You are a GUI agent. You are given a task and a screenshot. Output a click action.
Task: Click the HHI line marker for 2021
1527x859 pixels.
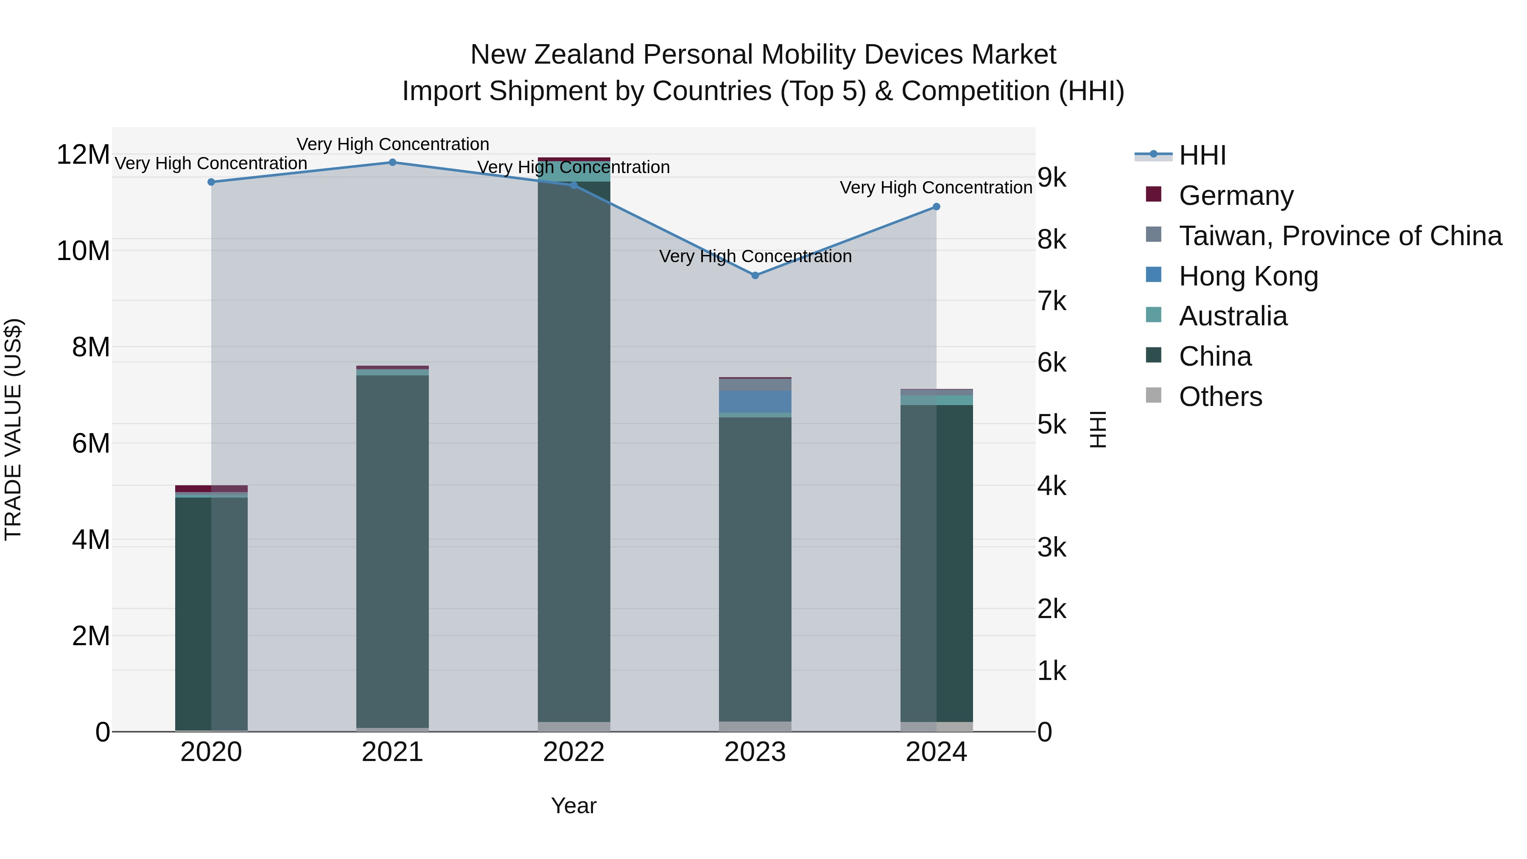[392, 162]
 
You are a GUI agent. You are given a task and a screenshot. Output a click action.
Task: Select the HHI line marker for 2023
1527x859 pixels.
[755, 275]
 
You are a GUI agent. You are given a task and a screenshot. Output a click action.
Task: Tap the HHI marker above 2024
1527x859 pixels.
[936, 207]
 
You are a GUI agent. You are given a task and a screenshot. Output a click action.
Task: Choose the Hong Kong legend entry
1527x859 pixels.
[1248, 276]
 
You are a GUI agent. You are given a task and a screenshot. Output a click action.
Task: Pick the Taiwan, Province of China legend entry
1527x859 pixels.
[1340, 236]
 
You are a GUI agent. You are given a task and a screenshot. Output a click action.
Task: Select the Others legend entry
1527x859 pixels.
[1220, 397]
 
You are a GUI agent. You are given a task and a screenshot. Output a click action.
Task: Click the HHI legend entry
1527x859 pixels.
[1202, 155]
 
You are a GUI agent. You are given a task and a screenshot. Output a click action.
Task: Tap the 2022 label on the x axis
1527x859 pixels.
[573, 752]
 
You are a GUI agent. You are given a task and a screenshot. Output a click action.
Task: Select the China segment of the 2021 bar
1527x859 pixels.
[392, 551]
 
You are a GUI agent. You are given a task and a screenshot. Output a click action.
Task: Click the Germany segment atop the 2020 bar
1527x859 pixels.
[211, 489]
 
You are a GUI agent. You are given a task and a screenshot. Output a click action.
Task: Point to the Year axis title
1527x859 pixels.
[573, 806]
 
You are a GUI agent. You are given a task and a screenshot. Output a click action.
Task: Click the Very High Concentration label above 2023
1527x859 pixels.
[755, 257]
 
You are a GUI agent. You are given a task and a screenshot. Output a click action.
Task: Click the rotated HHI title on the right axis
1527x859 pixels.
[1097, 429]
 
